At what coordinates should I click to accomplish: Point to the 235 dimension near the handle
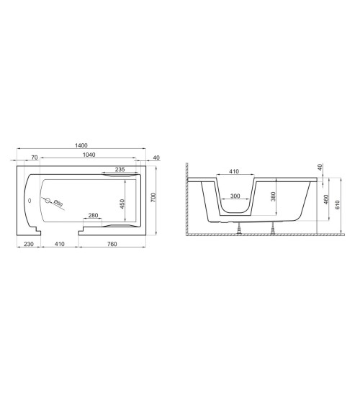click(120, 169)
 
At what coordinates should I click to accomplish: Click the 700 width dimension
click(153, 198)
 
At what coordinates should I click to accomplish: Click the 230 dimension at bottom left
click(28, 245)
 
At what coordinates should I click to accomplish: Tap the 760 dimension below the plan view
click(112, 245)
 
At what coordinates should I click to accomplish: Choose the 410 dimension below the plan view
click(60, 245)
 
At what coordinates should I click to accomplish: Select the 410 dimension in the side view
click(233, 172)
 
